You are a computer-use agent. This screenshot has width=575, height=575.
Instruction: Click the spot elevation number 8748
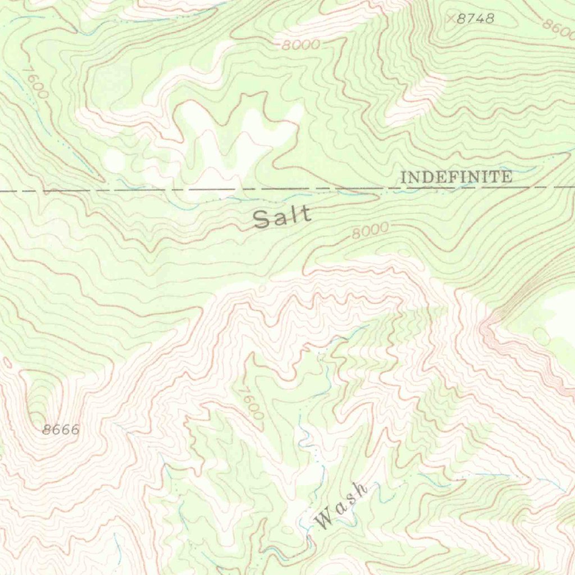[x=475, y=19]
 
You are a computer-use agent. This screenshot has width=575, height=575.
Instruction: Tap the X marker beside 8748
[x=450, y=19]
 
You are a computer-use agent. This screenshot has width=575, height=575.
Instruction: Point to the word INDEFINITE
[x=456, y=177]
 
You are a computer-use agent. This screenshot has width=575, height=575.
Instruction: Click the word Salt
[x=282, y=217]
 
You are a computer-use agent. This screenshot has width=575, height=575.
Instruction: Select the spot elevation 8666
[x=61, y=430]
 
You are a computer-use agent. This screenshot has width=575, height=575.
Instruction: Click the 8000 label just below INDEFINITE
[x=370, y=230]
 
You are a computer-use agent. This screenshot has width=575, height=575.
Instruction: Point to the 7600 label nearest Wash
[x=250, y=402]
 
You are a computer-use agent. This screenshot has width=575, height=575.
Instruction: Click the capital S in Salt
[x=261, y=219]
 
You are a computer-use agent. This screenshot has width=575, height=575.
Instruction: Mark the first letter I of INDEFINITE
[x=403, y=178]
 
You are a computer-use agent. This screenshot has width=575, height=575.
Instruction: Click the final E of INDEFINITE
[x=507, y=177]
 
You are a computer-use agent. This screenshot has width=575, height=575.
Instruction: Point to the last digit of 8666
[x=75, y=430]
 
